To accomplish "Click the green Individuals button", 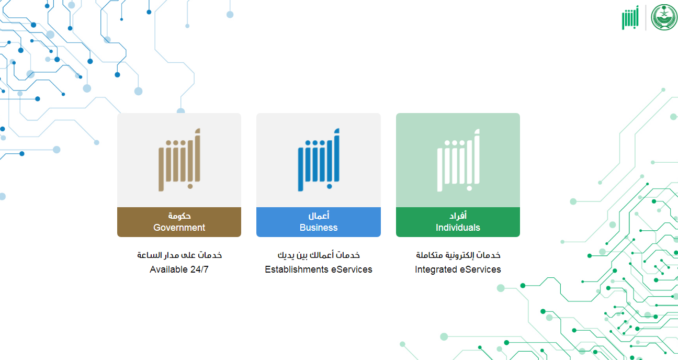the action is pos(458,222).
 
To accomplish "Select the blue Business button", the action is pos(319,222).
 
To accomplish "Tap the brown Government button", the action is pos(179,222).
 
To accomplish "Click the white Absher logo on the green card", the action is pos(458,160).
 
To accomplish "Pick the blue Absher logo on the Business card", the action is pos(319,160).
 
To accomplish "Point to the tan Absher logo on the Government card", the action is pos(179,160).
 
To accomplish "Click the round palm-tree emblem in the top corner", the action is pos(664,17).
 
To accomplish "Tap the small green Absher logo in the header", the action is pos(630,18).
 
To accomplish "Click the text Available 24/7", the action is pos(179,269).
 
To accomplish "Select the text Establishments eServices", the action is pos(319,269).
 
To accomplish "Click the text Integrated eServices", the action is pos(458,269).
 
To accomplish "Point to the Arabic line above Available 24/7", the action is pos(179,255).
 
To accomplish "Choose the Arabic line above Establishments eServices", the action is pos(319,255).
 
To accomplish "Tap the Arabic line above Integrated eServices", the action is pos(458,255).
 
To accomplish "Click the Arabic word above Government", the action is pos(179,216).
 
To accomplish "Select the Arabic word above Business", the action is pos(319,216).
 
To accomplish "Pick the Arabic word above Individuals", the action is pos(458,216).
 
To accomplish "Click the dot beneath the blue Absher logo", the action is pos(329,186).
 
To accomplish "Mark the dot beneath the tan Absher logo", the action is pos(190,186).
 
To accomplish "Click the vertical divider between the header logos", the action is pos(646,18).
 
